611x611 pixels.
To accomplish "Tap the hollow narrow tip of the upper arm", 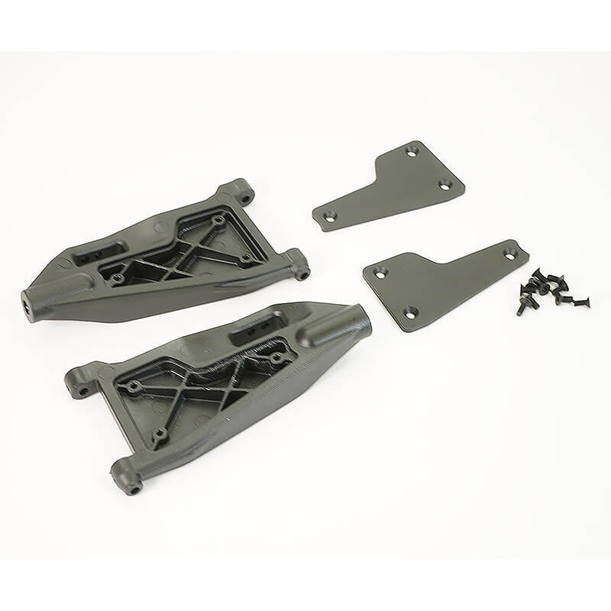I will coord(28,304).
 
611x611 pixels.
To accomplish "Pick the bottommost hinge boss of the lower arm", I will coord(128,477).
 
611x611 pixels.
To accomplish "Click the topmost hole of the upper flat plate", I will coord(411,153).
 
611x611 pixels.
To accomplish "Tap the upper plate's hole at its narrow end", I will coord(329,216).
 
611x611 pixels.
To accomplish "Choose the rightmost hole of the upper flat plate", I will coord(444,185).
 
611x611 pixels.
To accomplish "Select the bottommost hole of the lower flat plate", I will coord(409,311).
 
